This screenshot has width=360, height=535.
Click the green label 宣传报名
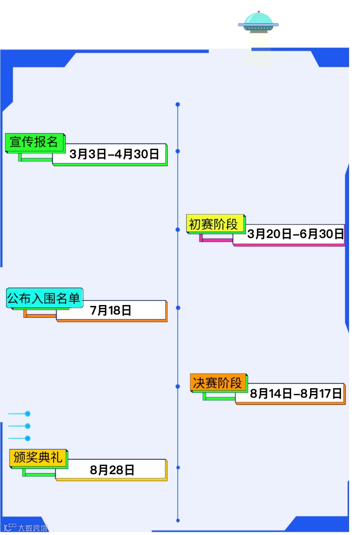pyautogui.click(x=34, y=142)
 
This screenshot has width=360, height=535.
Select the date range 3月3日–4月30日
pyautogui.click(x=114, y=154)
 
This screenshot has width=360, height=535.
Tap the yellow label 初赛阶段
pyautogui.click(x=213, y=224)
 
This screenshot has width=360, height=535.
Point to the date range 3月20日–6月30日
pyautogui.click(x=295, y=234)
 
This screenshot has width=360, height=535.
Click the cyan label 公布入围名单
pyautogui.click(x=44, y=298)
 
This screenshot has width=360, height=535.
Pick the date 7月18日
pyautogui.click(x=111, y=311)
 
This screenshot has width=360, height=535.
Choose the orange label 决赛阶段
pyautogui.click(x=218, y=382)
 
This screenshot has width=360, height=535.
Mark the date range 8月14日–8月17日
pyautogui.click(x=296, y=393)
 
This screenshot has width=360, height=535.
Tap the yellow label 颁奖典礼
pyautogui.click(x=38, y=458)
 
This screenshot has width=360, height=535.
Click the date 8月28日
pyautogui.click(x=112, y=470)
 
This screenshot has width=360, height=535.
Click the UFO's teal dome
pyautogui.click(x=258, y=19)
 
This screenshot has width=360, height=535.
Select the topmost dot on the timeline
pyautogui.click(x=178, y=104)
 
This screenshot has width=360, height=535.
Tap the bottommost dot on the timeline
pyautogui.click(x=178, y=520)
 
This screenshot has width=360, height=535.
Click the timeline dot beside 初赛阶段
pyautogui.click(x=178, y=229)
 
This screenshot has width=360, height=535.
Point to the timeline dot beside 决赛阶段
pyautogui.click(x=178, y=387)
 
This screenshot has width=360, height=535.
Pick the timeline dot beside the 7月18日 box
pyautogui.click(x=178, y=308)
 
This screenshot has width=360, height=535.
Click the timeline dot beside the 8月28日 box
pyautogui.click(x=178, y=468)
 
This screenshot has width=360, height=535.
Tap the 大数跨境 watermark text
pyautogui.click(x=33, y=528)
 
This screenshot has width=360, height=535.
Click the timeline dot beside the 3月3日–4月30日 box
pyautogui.click(x=178, y=151)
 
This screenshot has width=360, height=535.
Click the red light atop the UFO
pyautogui.click(x=258, y=11)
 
